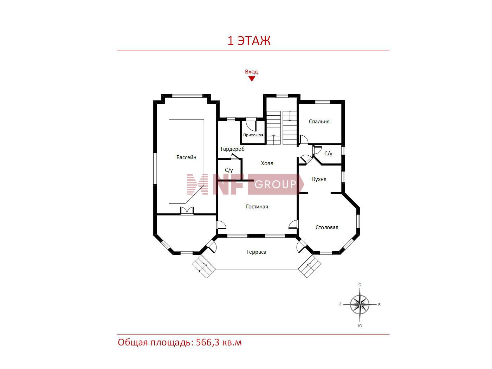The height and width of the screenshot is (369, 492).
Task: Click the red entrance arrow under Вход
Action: tap(252, 79)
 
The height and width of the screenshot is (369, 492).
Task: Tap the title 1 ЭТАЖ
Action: tap(249, 41)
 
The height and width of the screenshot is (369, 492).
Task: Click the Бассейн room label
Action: tap(186, 157)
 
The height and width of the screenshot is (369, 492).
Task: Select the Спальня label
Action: tap(319, 122)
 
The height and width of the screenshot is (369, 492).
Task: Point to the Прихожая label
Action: tap(253, 135)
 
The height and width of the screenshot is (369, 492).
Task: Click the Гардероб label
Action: tap(232, 149)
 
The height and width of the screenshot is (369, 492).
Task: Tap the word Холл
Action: tap(267, 163)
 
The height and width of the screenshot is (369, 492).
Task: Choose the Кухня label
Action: tap(319, 179)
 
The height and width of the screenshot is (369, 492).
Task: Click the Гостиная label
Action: tap(257, 207)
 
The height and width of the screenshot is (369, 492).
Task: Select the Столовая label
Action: tap(327, 227)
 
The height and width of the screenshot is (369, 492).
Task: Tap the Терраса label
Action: tap(256, 252)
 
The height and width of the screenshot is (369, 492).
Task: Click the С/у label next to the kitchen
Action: tap(328, 154)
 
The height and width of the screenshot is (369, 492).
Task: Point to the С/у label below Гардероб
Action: tap(229, 170)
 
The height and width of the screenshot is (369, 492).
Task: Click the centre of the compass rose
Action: tap(360, 305)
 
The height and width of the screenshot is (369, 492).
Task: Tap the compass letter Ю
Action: tap(360, 326)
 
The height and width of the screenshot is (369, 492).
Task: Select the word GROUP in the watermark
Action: tap(275, 184)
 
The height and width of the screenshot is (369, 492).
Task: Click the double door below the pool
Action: tap(187, 211)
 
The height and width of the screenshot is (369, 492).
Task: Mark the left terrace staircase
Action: tap(204, 266)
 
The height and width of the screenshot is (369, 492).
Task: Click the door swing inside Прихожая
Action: tap(251, 126)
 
